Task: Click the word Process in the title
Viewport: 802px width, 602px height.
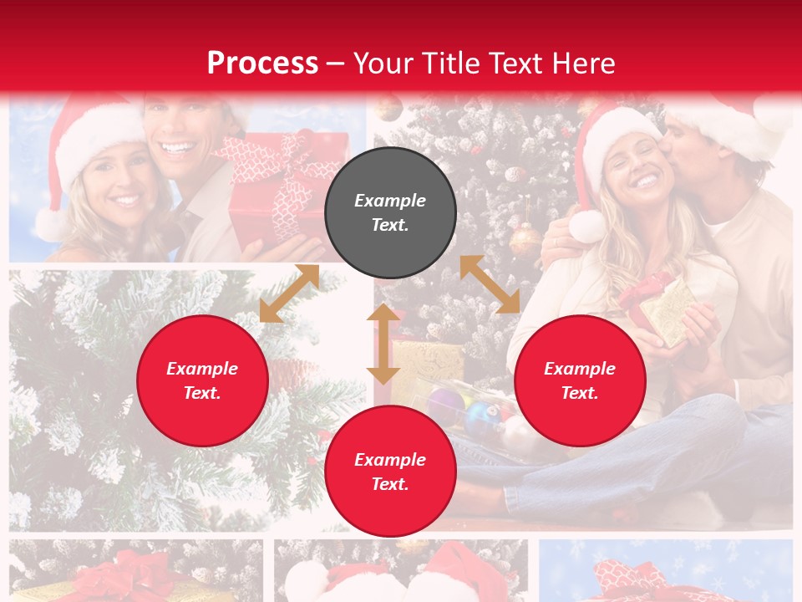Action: (262, 64)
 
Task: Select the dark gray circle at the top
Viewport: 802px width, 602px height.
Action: (390, 213)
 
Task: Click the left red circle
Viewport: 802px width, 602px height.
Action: (202, 380)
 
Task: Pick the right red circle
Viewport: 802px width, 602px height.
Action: (580, 380)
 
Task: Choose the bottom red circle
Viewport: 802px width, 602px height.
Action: (390, 472)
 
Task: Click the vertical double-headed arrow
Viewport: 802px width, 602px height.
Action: (383, 344)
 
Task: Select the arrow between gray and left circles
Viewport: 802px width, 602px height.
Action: (288, 293)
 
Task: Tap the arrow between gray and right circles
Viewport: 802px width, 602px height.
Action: (490, 284)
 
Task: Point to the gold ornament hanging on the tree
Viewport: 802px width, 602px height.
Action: (525, 239)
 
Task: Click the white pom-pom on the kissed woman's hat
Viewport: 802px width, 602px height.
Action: (586, 226)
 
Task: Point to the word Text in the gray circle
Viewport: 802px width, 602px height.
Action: (390, 225)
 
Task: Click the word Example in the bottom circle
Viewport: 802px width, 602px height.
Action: (390, 459)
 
